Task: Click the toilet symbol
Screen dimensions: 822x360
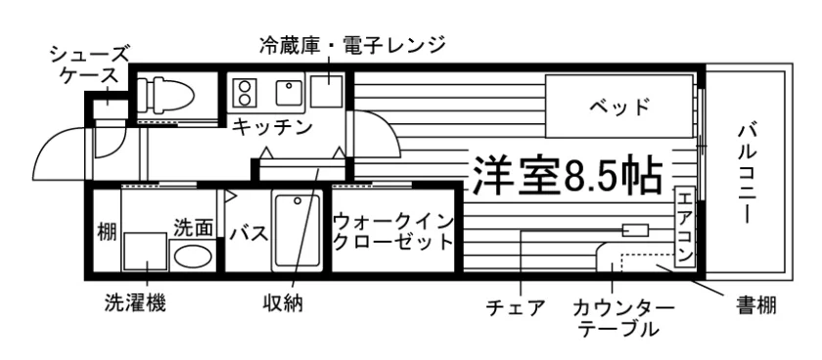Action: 165,95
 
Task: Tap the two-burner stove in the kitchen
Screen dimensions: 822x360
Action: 244,92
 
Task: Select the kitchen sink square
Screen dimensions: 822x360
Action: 289,93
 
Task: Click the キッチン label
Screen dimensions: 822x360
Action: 272,126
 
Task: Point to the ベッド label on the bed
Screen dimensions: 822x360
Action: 619,107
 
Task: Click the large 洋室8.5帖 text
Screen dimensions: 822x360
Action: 569,174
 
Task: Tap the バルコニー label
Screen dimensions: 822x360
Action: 745,173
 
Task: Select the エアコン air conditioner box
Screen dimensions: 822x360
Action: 685,227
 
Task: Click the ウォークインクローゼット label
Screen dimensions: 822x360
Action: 393,231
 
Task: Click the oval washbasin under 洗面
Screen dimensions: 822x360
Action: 193,255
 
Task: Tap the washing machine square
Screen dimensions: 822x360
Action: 146,252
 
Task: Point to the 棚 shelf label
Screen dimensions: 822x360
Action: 107,231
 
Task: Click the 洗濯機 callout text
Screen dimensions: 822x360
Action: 135,302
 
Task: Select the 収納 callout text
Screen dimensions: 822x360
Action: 283,303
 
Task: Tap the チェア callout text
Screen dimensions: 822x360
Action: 516,307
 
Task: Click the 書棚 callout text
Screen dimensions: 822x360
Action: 755,304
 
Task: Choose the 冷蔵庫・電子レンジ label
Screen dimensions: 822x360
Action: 351,46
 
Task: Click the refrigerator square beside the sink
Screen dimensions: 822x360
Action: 327,91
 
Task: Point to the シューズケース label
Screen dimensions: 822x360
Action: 90,65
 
